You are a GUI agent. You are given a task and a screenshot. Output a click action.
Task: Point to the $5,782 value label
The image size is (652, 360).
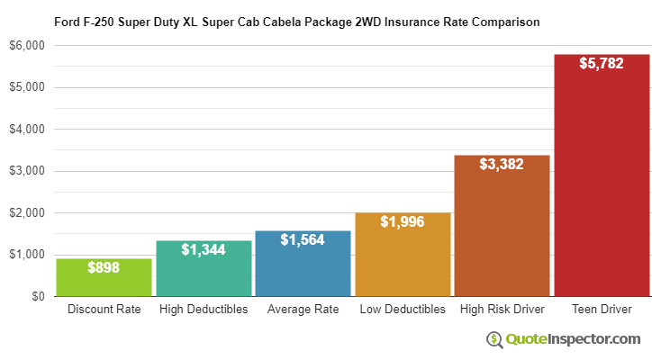(x=602, y=65)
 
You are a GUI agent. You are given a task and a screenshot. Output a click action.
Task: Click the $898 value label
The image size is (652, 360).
(x=104, y=267)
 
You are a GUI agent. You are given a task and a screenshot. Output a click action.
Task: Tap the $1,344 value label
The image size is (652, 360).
(x=204, y=249)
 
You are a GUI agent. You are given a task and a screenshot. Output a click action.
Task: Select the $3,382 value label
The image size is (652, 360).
(x=502, y=165)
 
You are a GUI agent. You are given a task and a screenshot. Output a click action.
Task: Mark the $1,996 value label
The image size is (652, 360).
(x=403, y=222)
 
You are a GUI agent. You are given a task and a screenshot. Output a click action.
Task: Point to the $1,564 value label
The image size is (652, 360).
(x=303, y=240)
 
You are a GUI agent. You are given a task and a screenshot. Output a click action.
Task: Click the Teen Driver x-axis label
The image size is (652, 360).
(x=602, y=310)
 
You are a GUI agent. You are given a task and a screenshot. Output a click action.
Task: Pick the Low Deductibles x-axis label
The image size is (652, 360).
(x=403, y=310)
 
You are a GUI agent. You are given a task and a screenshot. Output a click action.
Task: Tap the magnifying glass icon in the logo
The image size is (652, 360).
(x=494, y=339)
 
